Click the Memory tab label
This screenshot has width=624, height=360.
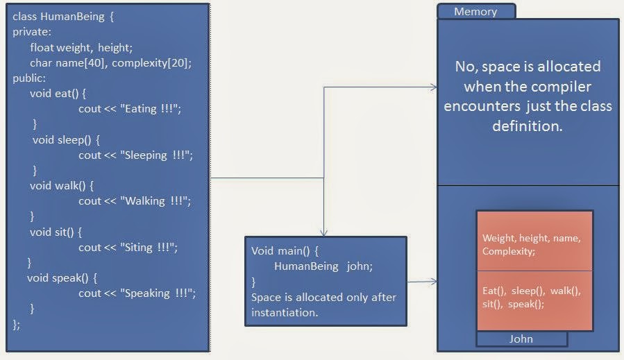475,12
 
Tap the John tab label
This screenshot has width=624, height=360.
521,339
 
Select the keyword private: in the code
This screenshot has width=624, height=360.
32,32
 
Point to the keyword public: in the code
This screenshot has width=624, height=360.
29,78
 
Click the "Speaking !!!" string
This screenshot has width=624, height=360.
159,293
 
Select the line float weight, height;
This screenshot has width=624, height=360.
81,47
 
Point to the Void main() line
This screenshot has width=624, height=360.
285,250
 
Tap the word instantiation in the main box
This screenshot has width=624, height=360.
285,312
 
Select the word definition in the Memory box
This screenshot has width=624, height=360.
527,126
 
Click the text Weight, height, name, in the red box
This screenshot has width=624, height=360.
531,238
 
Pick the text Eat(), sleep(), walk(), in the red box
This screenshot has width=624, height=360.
531,291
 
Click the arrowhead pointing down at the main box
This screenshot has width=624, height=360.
323,233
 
